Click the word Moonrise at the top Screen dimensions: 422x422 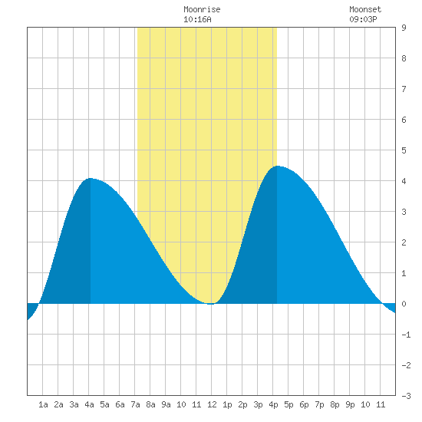point(202,9)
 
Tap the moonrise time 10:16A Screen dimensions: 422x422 point(197,19)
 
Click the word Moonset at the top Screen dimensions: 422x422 point(365,9)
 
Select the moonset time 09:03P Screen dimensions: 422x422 point(363,19)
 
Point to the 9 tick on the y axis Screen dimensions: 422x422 point(404,28)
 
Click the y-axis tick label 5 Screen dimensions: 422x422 point(404,150)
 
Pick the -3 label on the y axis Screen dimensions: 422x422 point(406,396)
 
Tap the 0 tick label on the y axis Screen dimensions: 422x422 point(404,304)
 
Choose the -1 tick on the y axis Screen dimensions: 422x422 point(406,335)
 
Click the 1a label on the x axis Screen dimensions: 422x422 point(43,404)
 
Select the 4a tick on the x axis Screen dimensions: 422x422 point(89,404)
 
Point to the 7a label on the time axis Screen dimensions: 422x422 point(135,404)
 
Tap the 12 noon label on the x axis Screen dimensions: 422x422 point(212,404)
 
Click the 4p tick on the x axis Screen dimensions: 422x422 point(273,404)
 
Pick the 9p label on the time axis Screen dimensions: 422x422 point(350,404)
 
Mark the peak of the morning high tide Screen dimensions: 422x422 point(91,178)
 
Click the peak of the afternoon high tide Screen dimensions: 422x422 point(277,166)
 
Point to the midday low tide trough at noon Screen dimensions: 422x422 point(211,304)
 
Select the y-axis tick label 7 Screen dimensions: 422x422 point(404,89)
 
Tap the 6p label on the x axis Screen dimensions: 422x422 point(304,404)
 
